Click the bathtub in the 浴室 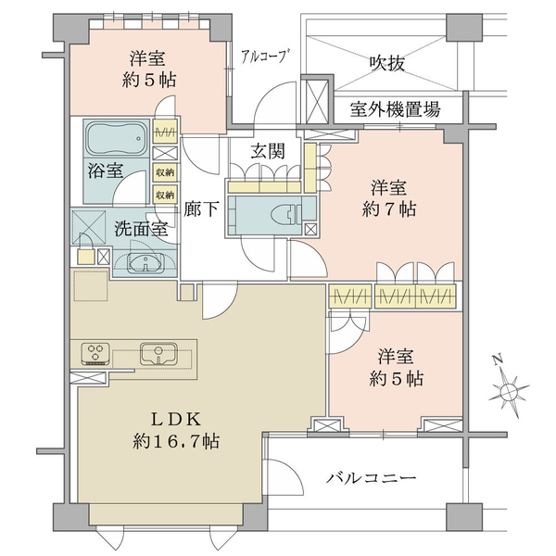[117, 138]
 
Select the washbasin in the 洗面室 [145, 263]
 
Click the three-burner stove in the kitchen [95, 354]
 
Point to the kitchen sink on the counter [158, 353]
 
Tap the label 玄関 [268, 151]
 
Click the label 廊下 [201, 208]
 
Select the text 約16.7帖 [176, 442]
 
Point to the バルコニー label [371, 478]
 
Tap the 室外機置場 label [396, 109]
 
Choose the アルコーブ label [263, 56]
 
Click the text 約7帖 [389, 210]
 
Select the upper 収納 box [165, 172]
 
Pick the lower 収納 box [165, 195]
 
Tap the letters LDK [176, 420]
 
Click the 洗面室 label [141, 230]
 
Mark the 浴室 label [106, 171]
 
